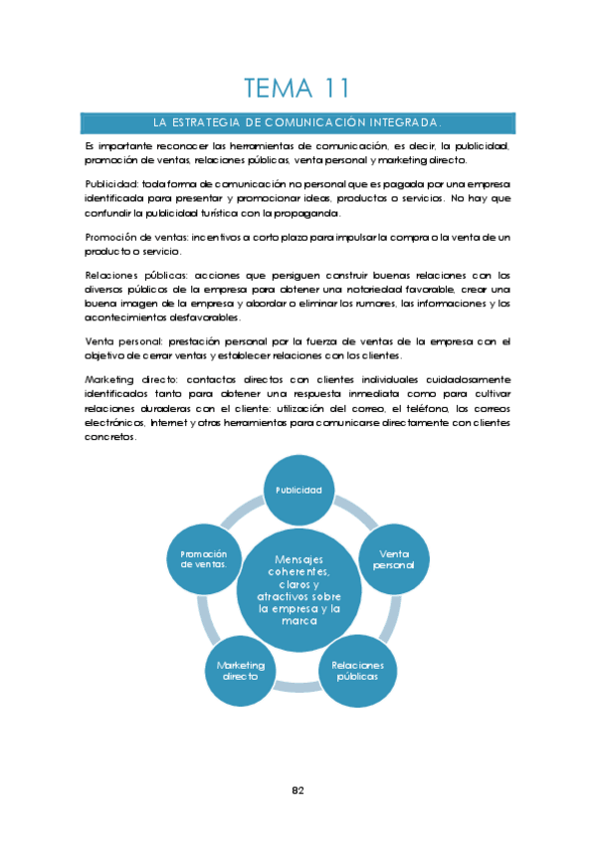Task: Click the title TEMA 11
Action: pos(297,88)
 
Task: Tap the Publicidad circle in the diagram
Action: pos(298,490)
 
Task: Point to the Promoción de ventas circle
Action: pos(204,559)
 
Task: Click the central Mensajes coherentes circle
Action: pos(298,589)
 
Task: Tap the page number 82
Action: pos(298,790)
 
